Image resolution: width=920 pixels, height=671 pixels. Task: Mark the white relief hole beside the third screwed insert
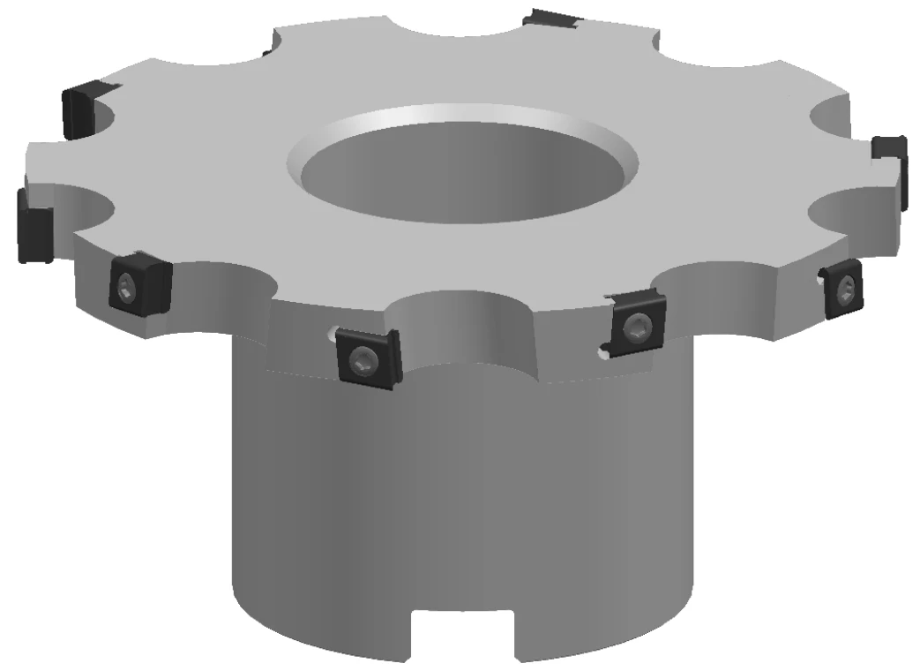click(602, 354)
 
